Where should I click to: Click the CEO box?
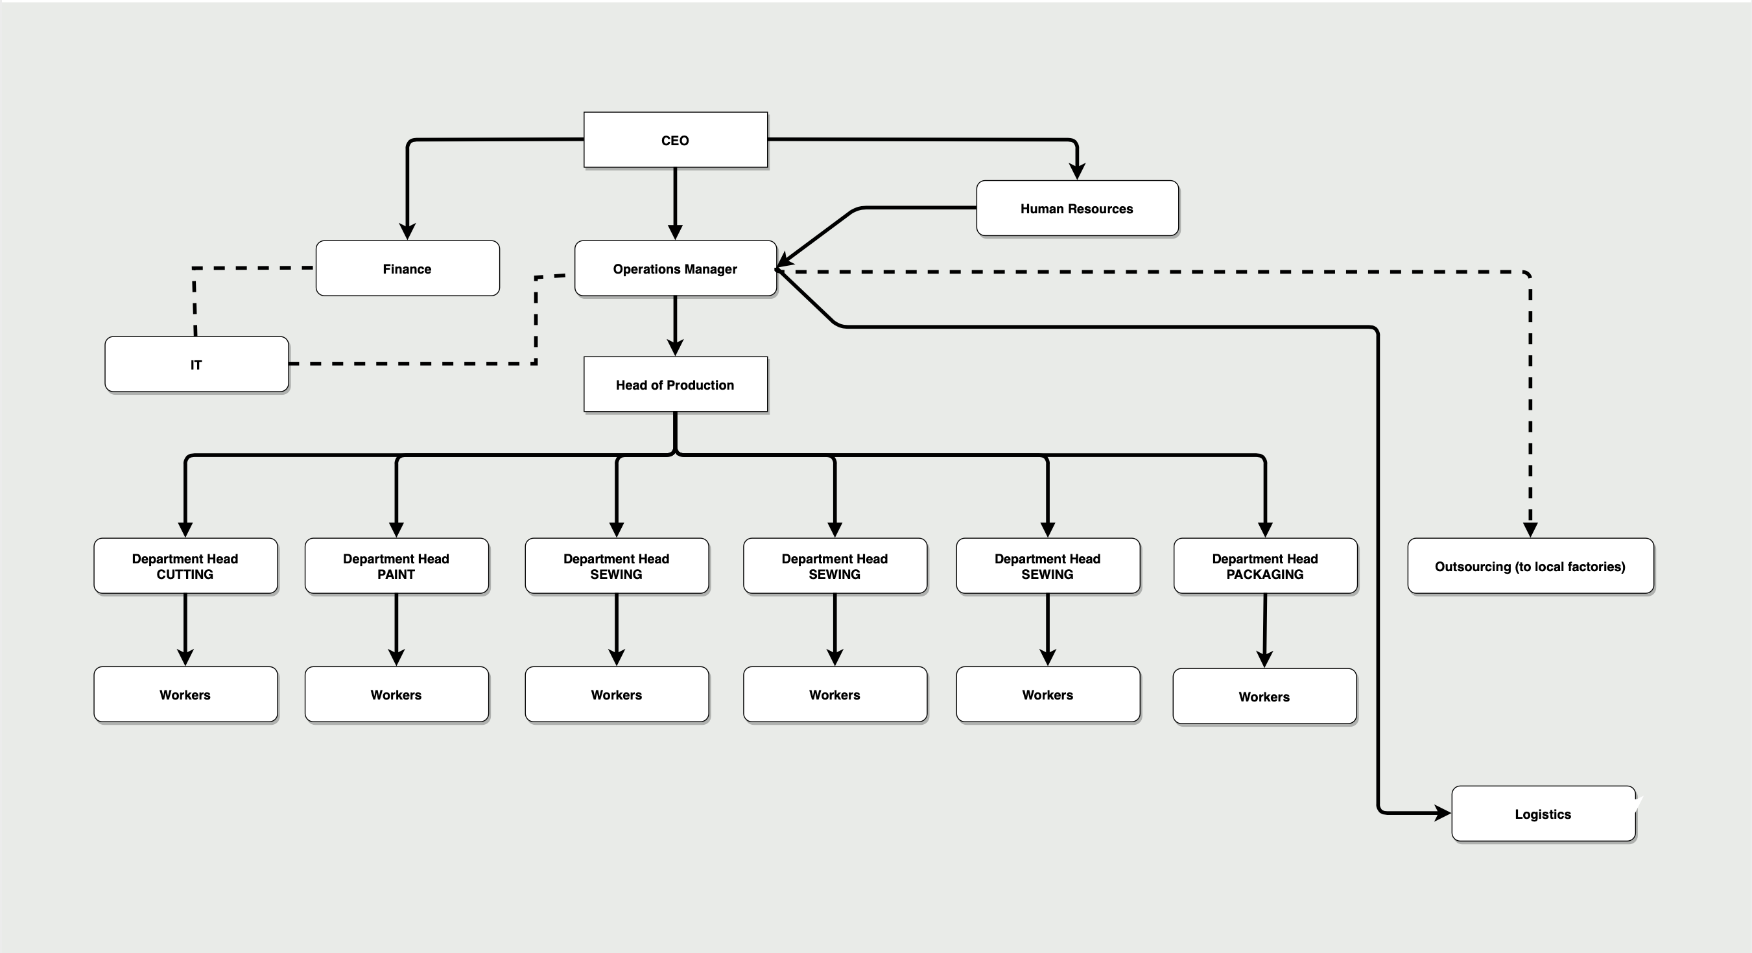pyautogui.click(x=676, y=140)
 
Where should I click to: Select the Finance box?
pyautogui.click(x=407, y=268)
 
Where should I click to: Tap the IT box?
pyautogui.click(x=196, y=364)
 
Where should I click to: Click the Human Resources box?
pyautogui.click(x=1076, y=209)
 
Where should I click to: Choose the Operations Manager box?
pyautogui.click(x=676, y=268)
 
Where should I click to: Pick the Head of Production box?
pyautogui.click(x=676, y=385)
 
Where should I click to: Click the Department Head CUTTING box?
pyautogui.click(x=185, y=566)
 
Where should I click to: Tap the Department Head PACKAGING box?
pyautogui.click(x=1265, y=566)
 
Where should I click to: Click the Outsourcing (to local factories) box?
pyautogui.click(x=1530, y=566)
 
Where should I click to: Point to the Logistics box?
pyautogui.click(x=1543, y=814)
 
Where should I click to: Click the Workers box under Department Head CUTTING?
pyautogui.click(x=185, y=694)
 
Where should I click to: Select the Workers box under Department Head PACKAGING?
pyautogui.click(x=1264, y=696)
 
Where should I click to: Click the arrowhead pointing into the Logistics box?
pyautogui.click(x=1443, y=812)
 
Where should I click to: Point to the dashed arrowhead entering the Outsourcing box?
pyautogui.click(x=1530, y=529)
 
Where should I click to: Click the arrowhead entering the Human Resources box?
pyautogui.click(x=1076, y=171)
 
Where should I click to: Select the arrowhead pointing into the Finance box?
pyautogui.click(x=407, y=231)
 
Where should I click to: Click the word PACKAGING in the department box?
pyautogui.click(x=1265, y=575)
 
